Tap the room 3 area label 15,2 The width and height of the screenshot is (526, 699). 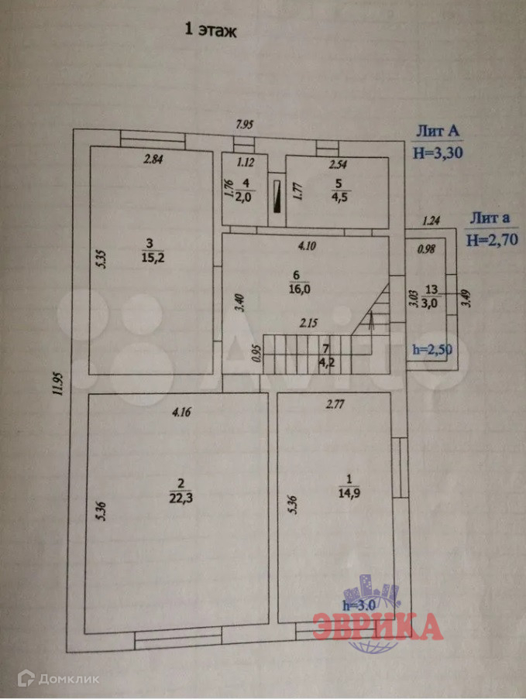[x=152, y=258]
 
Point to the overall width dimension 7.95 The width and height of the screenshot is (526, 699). [x=246, y=123]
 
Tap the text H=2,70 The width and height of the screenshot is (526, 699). [x=491, y=240]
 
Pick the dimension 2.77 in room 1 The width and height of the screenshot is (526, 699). [x=335, y=403]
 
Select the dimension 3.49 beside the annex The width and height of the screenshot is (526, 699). [x=465, y=297]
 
